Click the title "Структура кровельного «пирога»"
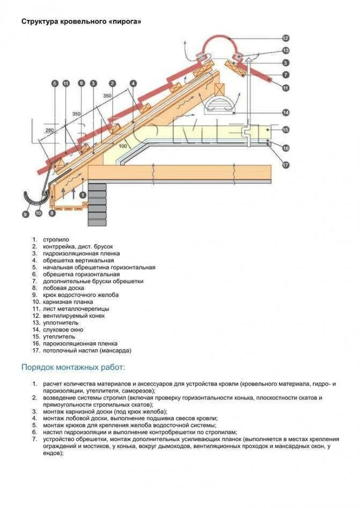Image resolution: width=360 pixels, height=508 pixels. click(82, 21)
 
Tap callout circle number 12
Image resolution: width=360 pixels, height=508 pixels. click(285, 38)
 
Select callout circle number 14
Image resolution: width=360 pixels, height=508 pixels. click(285, 113)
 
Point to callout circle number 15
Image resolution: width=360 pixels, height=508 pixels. click(285, 130)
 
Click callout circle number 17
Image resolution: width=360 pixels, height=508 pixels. click(285, 164)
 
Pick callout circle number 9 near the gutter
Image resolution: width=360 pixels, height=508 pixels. click(25, 214)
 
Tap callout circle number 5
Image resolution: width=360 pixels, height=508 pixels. click(54, 83)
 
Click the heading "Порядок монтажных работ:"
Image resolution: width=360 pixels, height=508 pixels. click(73, 367)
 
